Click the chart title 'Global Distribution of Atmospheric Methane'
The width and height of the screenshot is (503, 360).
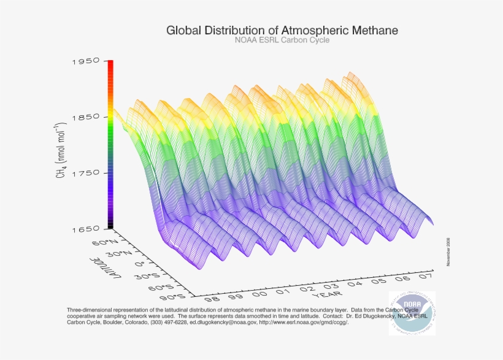point(282,29)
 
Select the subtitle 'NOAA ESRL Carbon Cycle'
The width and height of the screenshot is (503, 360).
point(282,40)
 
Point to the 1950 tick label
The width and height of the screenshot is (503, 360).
point(86,61)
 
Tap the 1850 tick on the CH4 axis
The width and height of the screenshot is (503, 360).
point(86,117)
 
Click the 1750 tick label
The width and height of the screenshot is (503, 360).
point(86,173)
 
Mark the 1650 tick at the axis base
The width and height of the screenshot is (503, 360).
point(86,229)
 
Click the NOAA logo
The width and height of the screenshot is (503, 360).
point(412,313)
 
